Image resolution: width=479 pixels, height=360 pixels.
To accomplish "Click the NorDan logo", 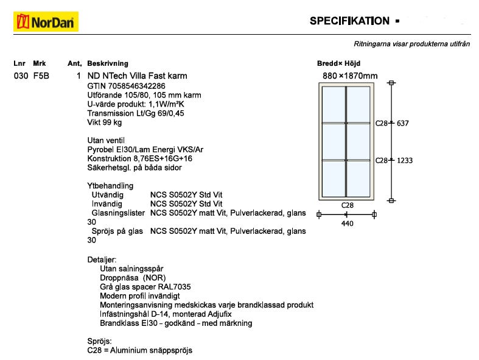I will point(46,23).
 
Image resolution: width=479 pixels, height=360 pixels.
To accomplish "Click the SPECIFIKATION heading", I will point(349,21).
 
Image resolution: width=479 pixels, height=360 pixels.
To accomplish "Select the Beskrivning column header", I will point(108,63).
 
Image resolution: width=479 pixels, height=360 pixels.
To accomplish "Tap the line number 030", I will point(21,76).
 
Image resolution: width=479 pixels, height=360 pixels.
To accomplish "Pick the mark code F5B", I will point(41,76).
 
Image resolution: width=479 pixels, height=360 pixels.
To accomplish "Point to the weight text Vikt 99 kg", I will point(105,122).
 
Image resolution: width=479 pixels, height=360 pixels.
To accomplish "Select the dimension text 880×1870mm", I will point(350,76).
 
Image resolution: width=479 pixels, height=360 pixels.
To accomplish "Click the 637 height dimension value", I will point(402,123).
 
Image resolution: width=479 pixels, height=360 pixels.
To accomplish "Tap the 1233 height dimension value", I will point(404,160).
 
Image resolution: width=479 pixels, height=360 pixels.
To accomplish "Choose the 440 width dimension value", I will point(347,224).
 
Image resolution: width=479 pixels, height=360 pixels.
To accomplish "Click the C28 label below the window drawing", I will point(347,206).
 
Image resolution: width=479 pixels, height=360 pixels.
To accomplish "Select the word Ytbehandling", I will point(110,186).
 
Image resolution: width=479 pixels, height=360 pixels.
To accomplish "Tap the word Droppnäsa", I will point(119,277).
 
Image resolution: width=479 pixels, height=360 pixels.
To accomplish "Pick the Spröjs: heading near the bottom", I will point(100,341).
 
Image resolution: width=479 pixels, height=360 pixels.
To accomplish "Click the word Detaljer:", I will point(102,259).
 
